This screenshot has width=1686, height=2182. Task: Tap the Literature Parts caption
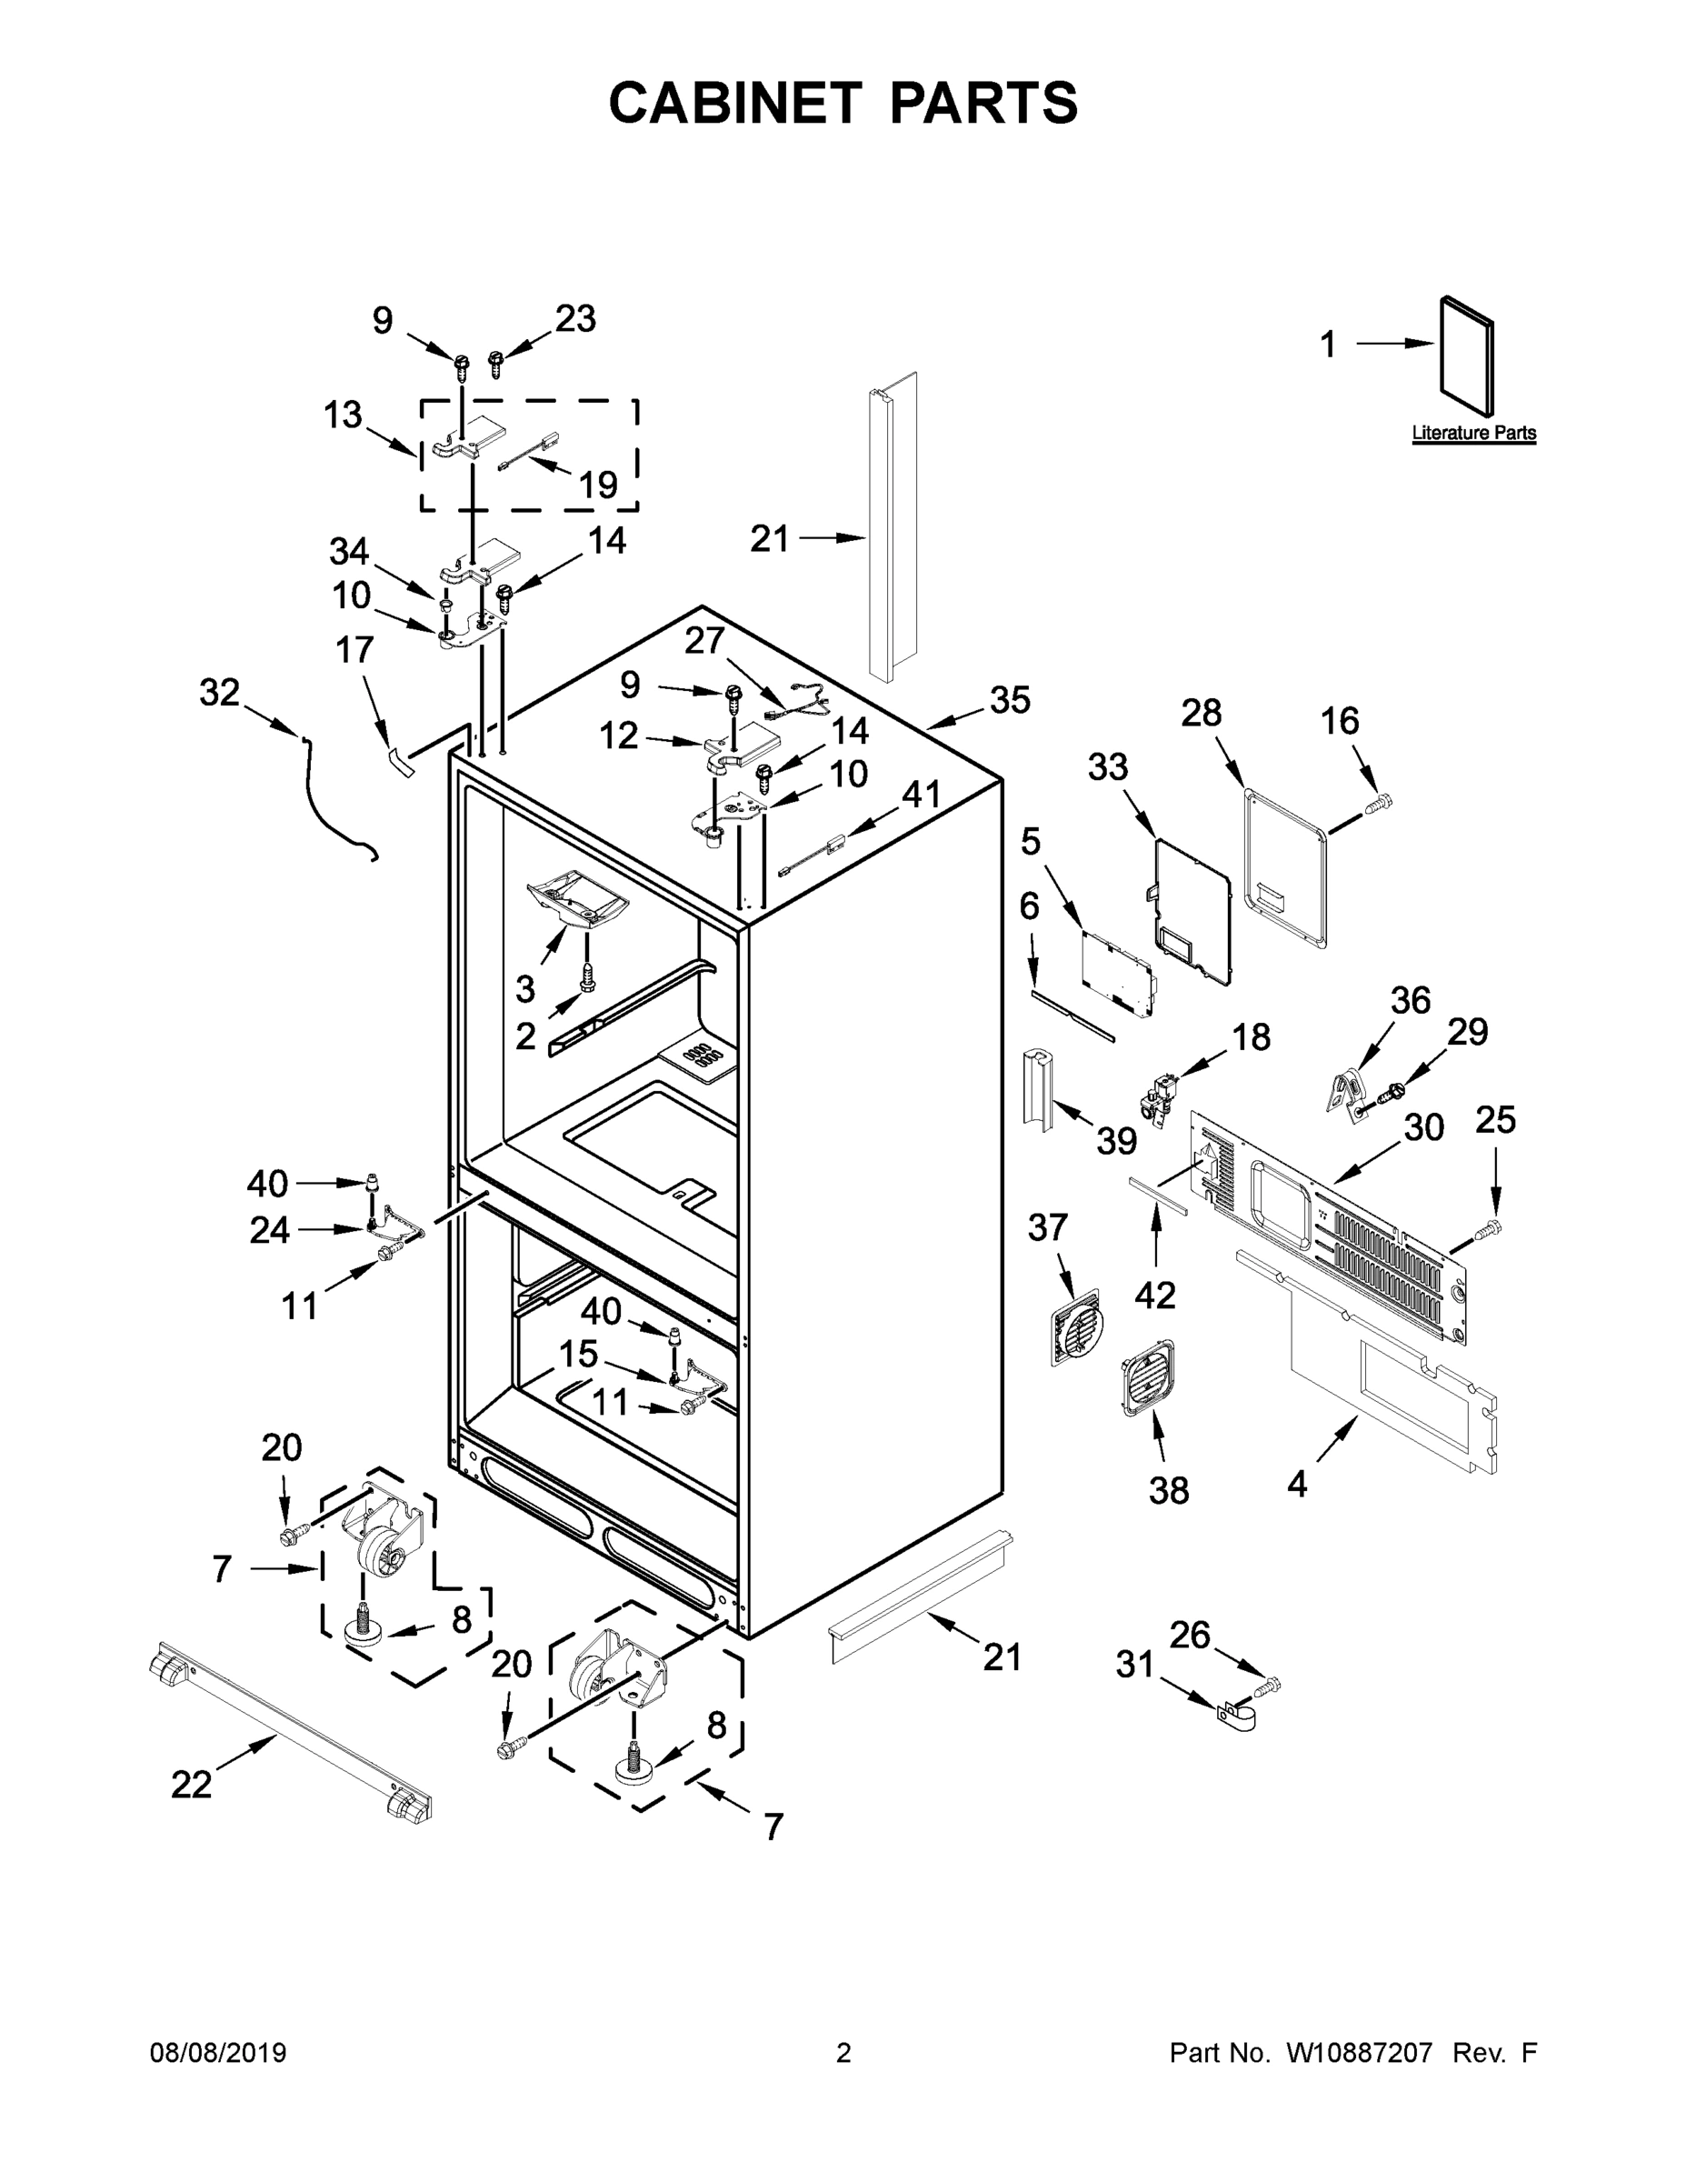pyautogui.click(x=1473, y=434)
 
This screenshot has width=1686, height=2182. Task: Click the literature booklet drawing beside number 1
pyautogui.click(x=1467, y=355)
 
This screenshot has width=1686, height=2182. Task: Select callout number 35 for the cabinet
pyautogui.click(x=1009, y=700)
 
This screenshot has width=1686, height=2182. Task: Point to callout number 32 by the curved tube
pyautogui.click(x=220, y=693)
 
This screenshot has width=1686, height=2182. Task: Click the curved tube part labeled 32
pyautogui.click(x=330, y=799)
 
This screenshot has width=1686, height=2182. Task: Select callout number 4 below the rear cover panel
pyautogui.click(x=1296, y=1484)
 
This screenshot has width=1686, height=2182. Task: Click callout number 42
pyautogui.click(x=1154, y=1296)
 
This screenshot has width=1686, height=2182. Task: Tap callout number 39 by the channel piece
pyautogui.click(x=1116, y=1140)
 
